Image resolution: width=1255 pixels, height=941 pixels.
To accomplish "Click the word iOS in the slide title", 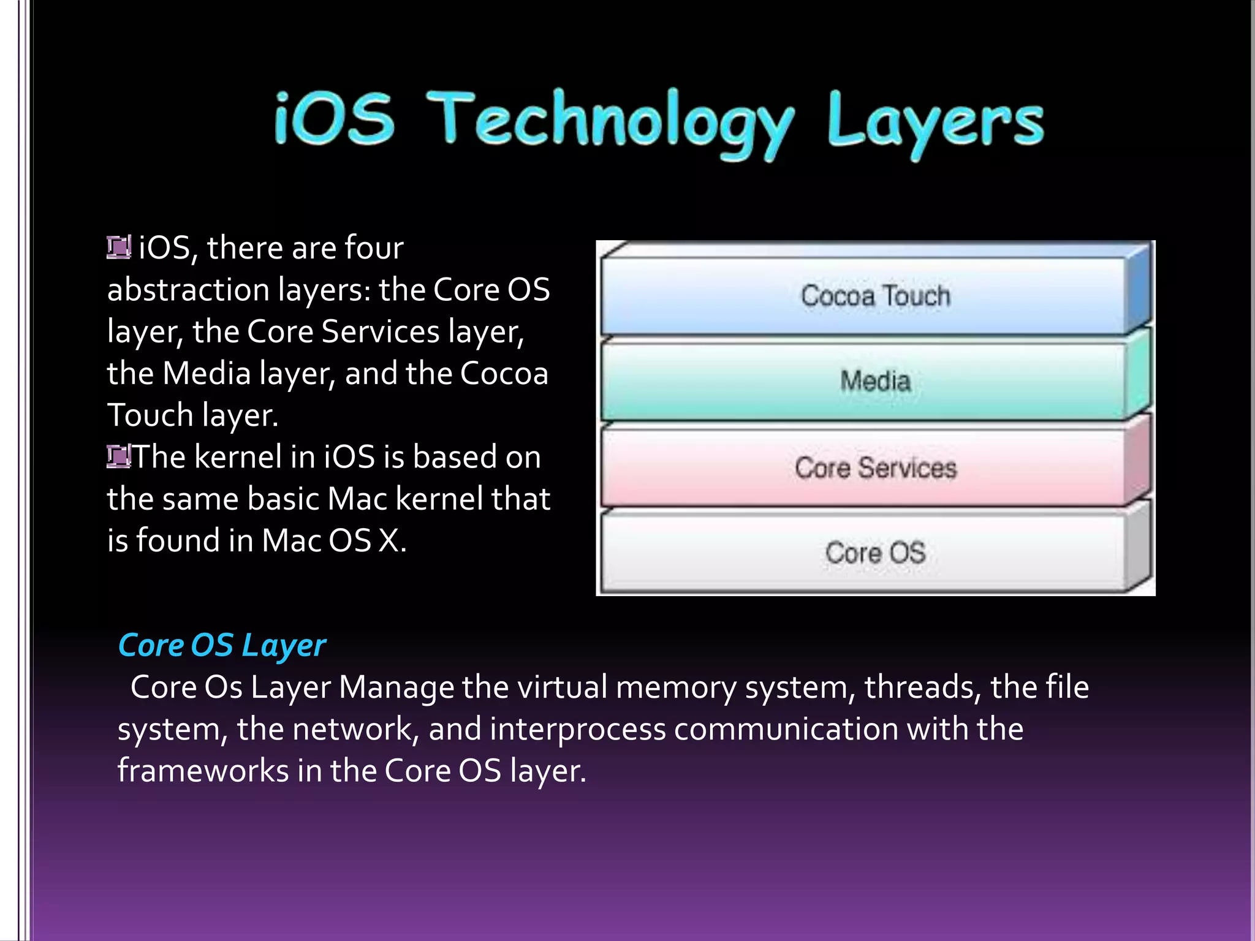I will tap(334, 119).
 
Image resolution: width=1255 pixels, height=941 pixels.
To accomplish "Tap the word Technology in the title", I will tap(610, 123).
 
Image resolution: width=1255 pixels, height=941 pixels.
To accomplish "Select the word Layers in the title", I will tap(935, 123).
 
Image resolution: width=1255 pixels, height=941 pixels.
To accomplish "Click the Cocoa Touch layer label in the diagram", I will tap(876, 296).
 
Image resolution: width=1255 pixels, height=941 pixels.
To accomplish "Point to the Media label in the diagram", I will tap(876, 381).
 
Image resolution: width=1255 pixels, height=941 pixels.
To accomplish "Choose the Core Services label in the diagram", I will tap(876, 468).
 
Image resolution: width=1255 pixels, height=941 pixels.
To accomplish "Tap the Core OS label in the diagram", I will tap(876, 553).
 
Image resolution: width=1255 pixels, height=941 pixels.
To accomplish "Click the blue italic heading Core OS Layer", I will tap(222, 646).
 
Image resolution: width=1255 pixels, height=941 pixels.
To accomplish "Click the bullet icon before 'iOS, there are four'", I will tap(118, 248).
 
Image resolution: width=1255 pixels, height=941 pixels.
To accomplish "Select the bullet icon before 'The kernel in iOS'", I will tap(118, 456).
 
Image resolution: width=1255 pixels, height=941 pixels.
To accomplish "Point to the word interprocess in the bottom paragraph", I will tap(578, 730).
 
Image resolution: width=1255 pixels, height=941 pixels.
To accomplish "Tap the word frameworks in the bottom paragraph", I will tap(203, 771).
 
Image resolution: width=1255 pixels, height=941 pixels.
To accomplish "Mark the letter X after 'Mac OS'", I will tap(389, 541).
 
